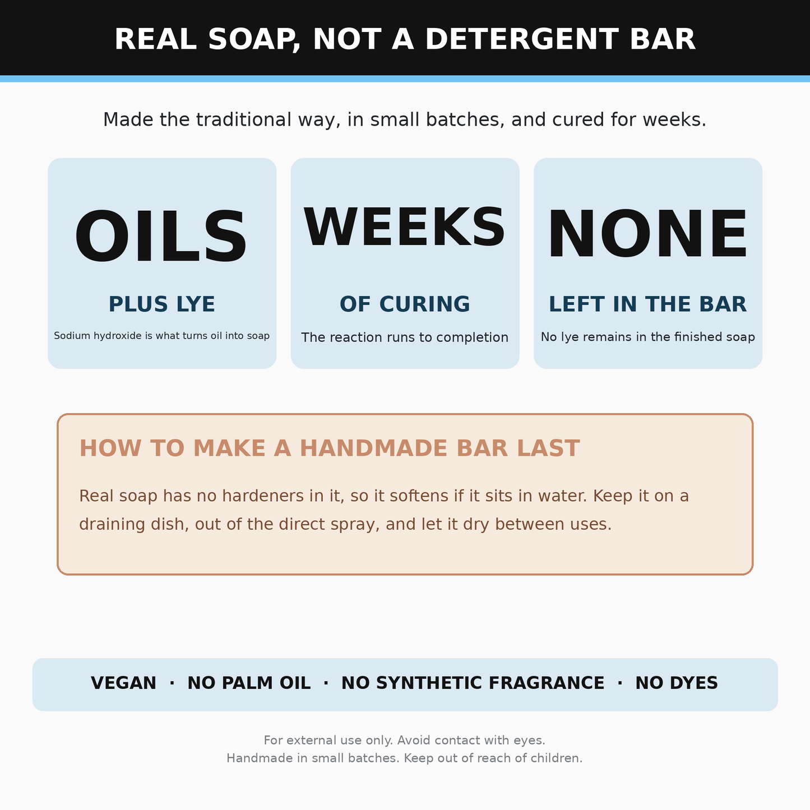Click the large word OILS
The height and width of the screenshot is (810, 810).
161,236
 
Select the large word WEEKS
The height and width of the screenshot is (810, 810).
404,228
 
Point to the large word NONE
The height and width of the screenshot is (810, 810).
648,234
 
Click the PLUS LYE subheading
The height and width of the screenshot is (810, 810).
162,304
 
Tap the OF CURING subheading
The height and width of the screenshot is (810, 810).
405,304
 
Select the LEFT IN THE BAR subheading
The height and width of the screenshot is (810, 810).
648,304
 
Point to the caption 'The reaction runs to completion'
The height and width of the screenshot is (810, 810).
405,337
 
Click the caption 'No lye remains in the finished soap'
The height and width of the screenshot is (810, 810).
648,337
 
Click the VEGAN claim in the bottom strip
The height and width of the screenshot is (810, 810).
123,683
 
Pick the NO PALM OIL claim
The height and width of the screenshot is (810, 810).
249,683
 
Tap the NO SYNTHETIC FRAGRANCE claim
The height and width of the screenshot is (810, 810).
473,683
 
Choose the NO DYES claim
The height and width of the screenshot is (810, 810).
677,683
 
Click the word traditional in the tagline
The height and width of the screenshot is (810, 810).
243,120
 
